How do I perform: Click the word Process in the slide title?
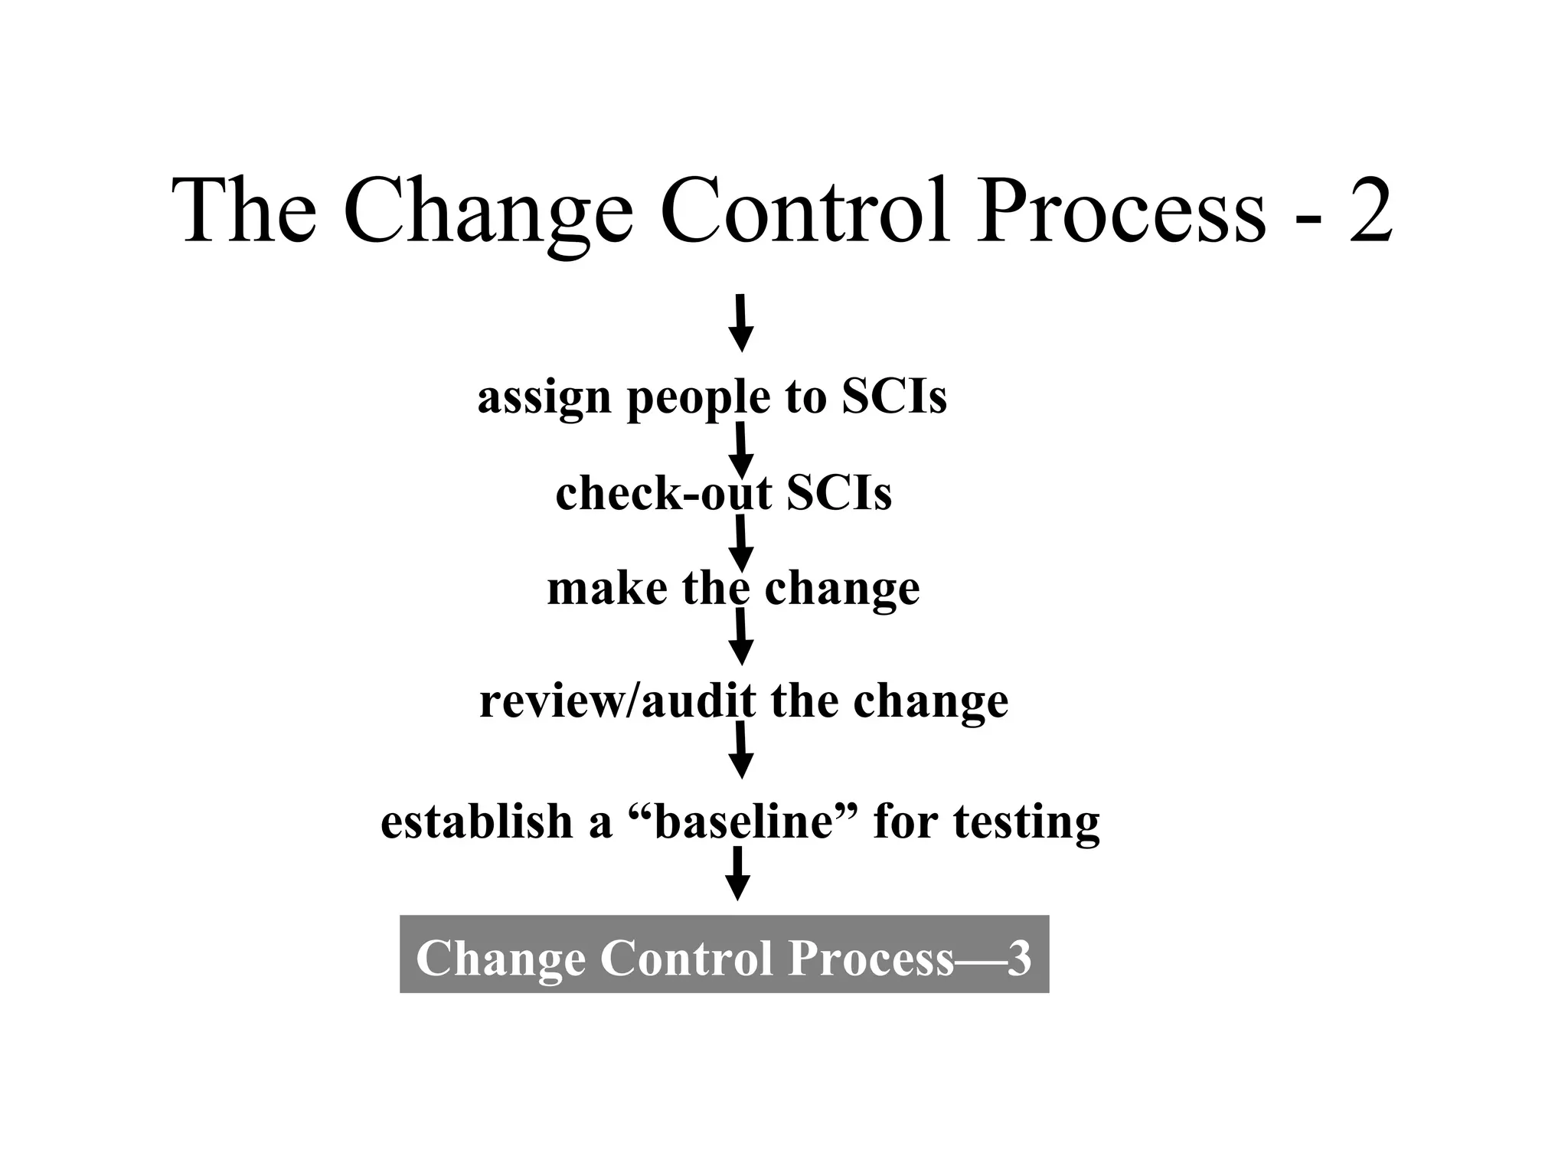(x=1121, y=210)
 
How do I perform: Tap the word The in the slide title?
(x=244, y=210)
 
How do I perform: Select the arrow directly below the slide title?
(x=740, y=323)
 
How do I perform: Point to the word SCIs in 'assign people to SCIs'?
(x=894, y=397)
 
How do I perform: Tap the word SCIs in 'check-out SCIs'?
(x=839, y=493)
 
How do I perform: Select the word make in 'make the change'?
(x=607, y=590)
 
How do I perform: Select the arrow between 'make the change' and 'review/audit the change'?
(x=740, y=637)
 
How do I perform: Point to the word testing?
(x=1026, y=824)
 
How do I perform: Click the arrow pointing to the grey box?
(x=737, y=874)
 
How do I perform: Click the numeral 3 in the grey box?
(x=1019, y=958)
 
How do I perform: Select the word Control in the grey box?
(x=686, y=958)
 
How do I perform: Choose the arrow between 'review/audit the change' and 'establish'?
(x=740, y=750)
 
